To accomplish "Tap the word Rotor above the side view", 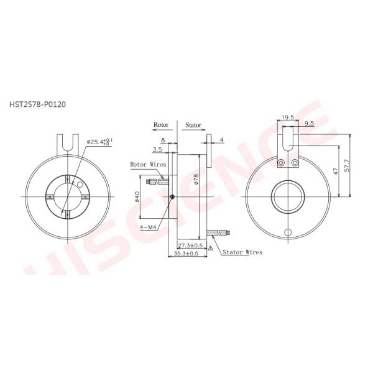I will click(x=161, y=125).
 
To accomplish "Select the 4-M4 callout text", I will click(x=148, y=228).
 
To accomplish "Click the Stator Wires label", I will click(x=242, y=252).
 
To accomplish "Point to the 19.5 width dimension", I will click(x=287, y=117).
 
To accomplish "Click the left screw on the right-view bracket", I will click(x=282, y=163).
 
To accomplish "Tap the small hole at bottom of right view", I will click(x=287, y=233).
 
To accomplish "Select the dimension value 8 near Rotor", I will click(x=162, y=141).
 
